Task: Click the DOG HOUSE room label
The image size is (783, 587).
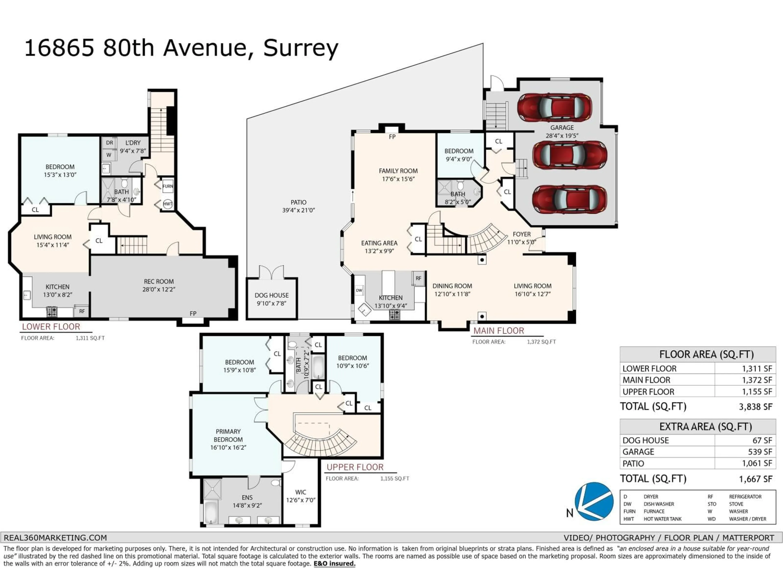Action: (272, 295)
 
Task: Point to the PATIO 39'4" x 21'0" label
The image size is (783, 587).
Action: (298, 206)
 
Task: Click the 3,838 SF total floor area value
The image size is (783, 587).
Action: (755, 407)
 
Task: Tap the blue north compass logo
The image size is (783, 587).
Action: (594, 501)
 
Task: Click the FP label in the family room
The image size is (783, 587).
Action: (392, 137)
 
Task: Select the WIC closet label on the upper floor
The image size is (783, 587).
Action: (301, 492)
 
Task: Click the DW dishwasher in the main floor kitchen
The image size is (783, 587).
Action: (359, 290)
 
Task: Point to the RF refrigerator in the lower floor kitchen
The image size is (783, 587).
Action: (82, 311)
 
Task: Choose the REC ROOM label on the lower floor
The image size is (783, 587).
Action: (159, 282)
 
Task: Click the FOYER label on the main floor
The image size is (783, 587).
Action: (521, 234)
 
